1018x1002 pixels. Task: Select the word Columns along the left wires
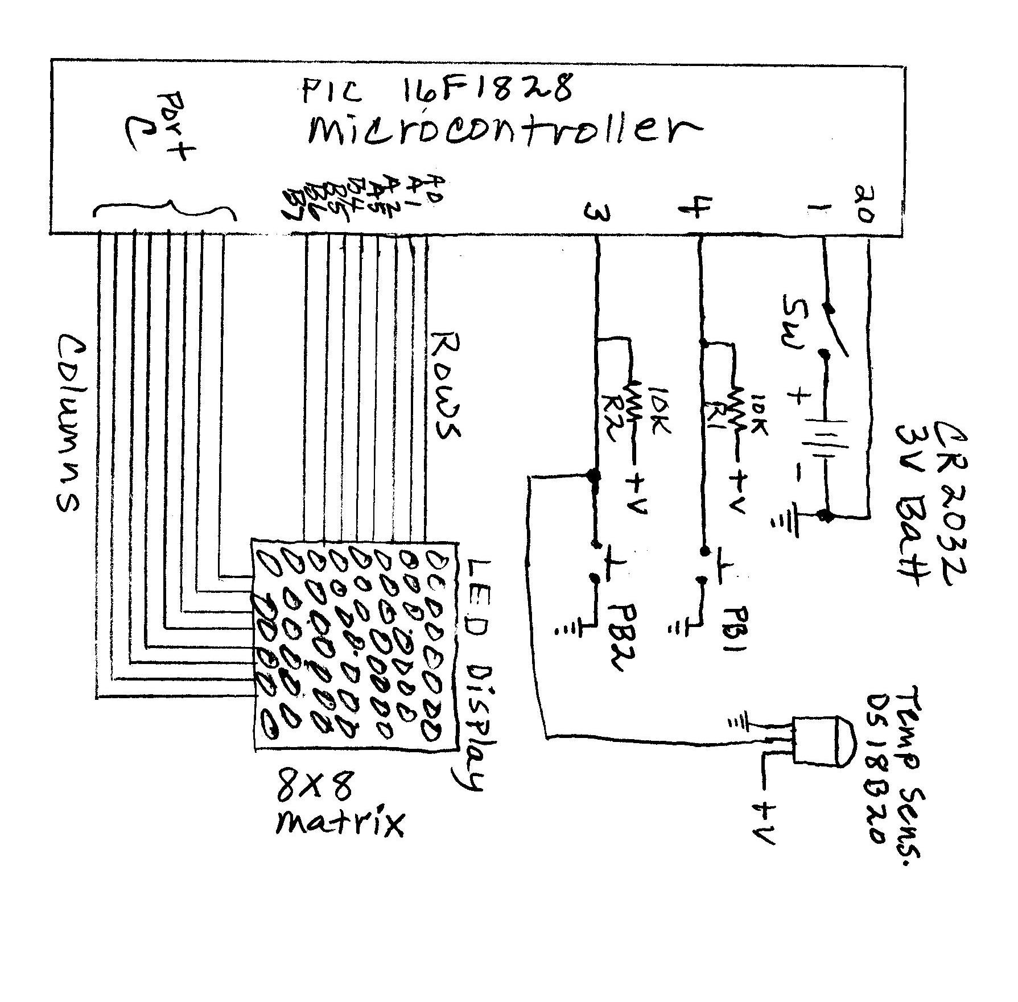pyautogui.click(x=69, y=422)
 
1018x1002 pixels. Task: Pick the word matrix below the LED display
pyautogui.click(x=340, y=823)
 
